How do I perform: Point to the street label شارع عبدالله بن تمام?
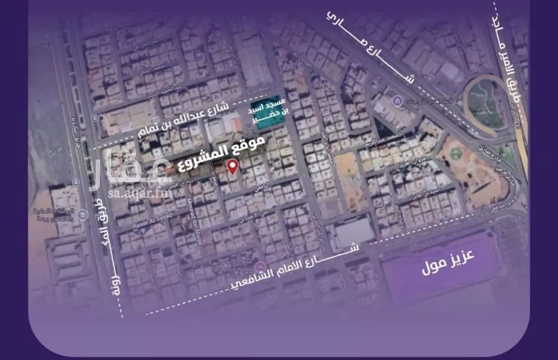pyautogui.click(x=181, y=124)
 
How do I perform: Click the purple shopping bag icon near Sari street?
pyautogui.click(x=397, y=100)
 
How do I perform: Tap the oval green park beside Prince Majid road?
pyautogui.click(x=485, y=106)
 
